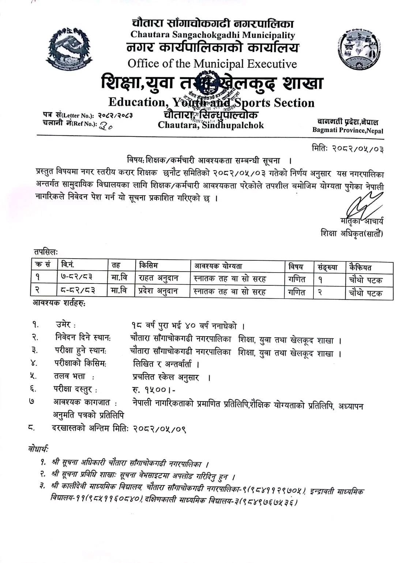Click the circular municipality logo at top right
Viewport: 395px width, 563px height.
(x=357, y=49)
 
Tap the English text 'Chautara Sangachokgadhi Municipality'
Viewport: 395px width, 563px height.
(x=212, y=35)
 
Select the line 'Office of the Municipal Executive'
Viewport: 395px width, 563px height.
(x=212, y=64)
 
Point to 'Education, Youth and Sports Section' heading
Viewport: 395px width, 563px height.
(x=211, y=102)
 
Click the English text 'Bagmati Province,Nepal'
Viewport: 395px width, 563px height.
(x=347, y=130)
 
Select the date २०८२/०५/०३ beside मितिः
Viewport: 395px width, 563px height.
(x=358, y=149)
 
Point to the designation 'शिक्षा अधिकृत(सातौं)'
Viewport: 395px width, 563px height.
(x=351, y=233)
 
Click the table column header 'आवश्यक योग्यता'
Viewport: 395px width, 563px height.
(x=218, y=266)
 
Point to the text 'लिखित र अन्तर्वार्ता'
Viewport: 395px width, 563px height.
(x=166, y=364)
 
